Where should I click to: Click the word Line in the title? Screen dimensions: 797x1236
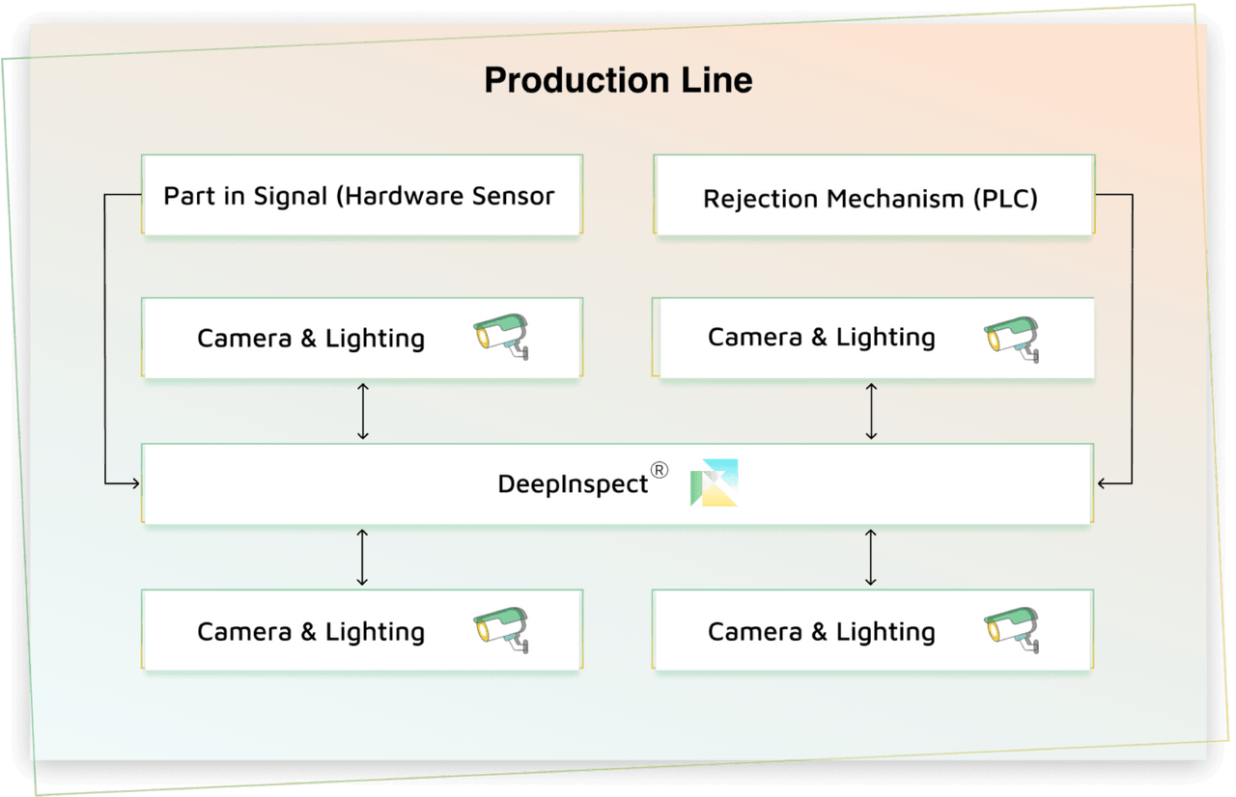716,80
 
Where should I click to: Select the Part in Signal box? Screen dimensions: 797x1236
360,195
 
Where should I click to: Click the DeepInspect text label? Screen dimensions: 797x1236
573,483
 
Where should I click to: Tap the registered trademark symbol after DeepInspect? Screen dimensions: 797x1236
659,470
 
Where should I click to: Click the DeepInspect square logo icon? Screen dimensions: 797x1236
715,482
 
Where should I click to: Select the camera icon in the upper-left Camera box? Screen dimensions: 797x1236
501,337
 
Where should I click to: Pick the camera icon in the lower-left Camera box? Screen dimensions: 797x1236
501,631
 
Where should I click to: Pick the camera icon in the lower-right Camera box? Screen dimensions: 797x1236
1012,631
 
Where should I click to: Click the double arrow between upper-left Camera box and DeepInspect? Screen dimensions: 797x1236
363,411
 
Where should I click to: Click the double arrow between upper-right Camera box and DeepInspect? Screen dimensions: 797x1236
871,411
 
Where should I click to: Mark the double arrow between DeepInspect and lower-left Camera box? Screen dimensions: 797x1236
362,557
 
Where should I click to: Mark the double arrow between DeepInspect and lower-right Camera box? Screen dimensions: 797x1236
871,557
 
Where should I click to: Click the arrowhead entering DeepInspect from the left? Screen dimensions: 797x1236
134,482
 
